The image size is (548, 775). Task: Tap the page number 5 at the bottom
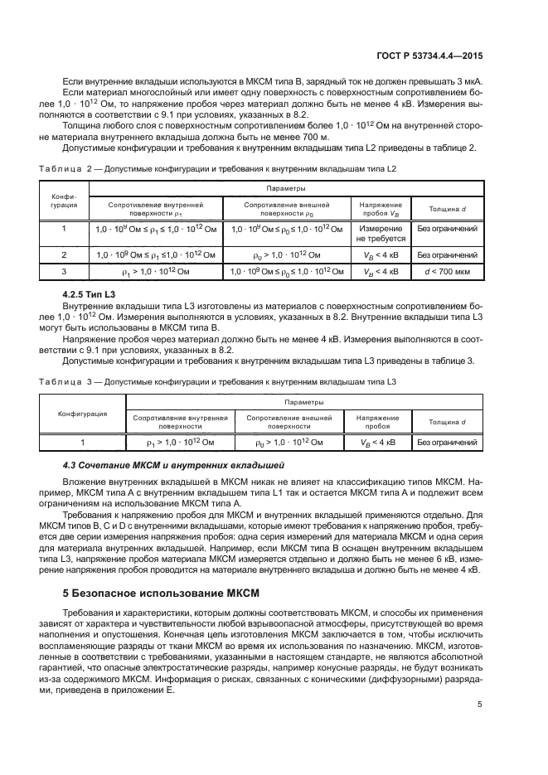tap(479, 705)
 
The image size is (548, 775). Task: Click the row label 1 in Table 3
tap(81, 443)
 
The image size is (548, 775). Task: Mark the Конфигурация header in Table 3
tap(81, 413)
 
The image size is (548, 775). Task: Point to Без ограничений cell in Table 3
tap(448, 443)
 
